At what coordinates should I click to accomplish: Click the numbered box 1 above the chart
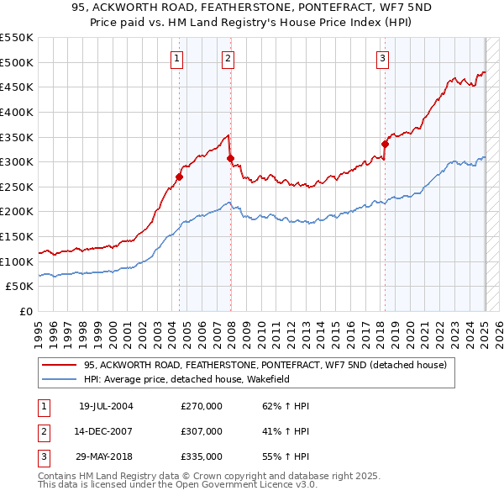click(x=178, y=58)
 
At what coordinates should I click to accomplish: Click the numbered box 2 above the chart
click(x=228, y=58)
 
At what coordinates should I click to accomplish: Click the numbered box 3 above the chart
click(x=382, y=58)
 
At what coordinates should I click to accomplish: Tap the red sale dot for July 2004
click(x=180, y=177)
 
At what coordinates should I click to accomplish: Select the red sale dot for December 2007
click(x=231, y=158)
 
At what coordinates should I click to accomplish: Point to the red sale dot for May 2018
click(x=386, y=144)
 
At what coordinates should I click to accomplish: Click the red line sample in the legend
click(x=59, y=365)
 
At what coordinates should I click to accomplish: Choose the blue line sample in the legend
click(x=59, y=378)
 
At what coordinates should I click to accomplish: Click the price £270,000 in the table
click(x=202, y=405)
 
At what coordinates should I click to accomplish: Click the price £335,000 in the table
click(x=202, y=457)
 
